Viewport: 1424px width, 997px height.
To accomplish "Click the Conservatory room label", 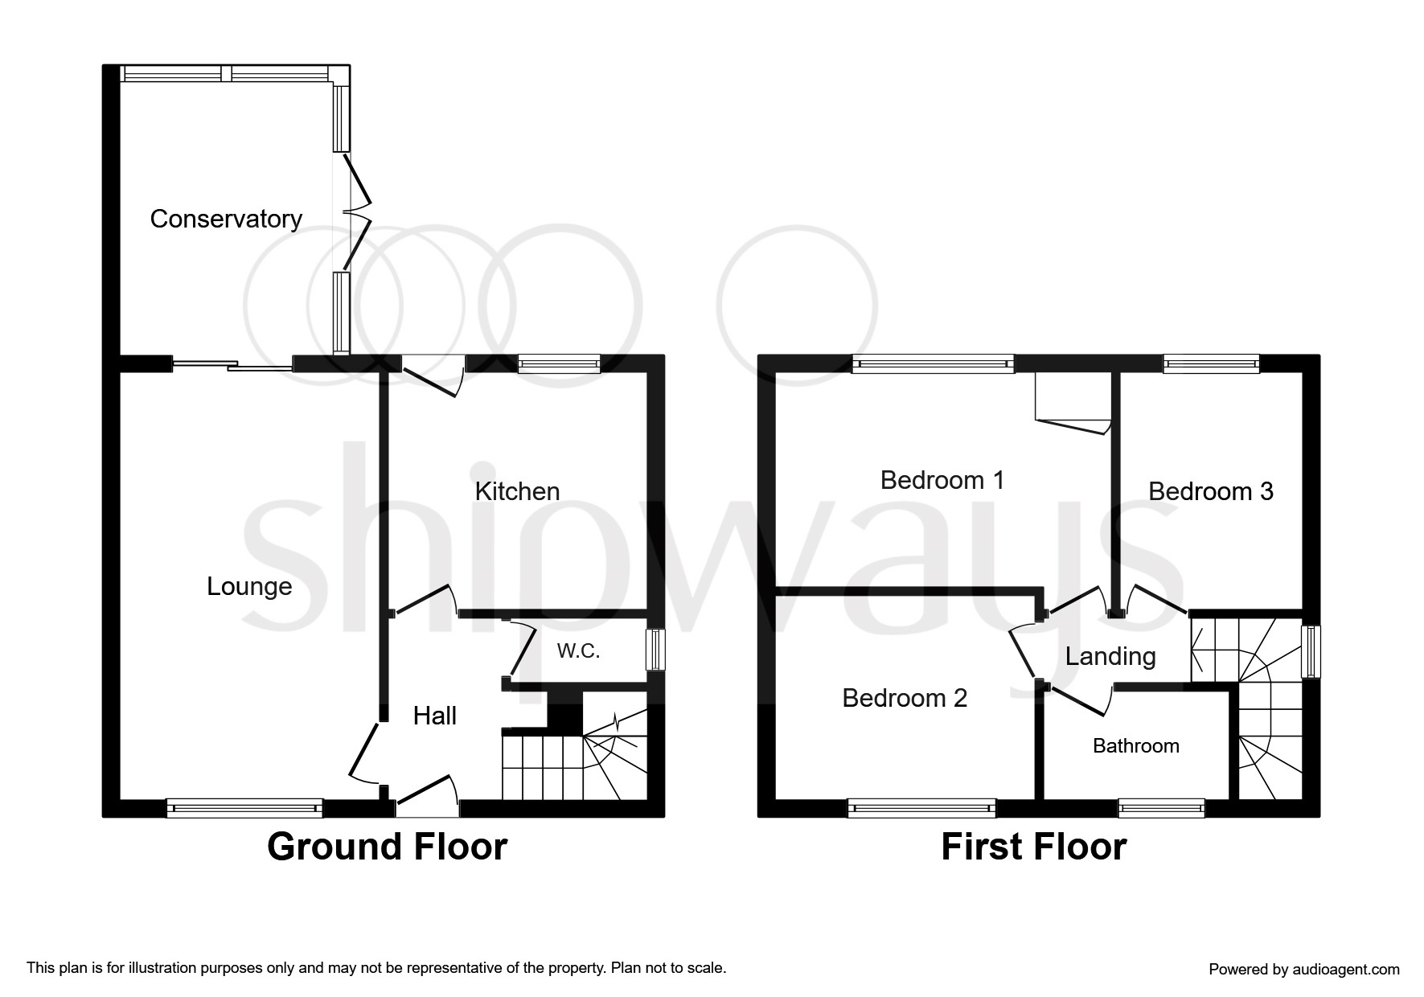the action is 226,219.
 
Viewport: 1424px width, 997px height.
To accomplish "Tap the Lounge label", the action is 249,587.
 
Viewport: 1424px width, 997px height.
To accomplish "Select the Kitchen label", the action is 517,491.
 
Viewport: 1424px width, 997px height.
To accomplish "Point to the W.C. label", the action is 578,650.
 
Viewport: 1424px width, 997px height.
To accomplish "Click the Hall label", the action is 435,716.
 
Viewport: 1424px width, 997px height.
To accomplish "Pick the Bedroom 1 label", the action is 942,480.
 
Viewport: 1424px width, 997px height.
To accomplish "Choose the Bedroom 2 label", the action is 905,698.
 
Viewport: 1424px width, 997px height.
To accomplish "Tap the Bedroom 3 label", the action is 1211,491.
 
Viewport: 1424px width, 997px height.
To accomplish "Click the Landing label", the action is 1110,657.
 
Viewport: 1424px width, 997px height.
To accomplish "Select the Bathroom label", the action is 1136,746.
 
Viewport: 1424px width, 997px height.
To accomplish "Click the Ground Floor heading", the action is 388,847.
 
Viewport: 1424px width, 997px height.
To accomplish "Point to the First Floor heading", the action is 1034,847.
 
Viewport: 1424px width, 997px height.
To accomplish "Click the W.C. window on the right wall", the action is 656,649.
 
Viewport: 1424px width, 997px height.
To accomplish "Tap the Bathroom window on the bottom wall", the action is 1162,808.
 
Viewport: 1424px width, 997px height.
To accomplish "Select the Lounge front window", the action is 244,808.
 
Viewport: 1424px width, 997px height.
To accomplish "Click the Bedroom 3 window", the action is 1211,363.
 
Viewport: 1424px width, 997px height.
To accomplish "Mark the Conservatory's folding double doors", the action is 357,211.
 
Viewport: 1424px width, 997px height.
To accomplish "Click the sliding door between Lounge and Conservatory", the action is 232,365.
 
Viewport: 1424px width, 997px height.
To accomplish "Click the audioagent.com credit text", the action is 1304,970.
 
